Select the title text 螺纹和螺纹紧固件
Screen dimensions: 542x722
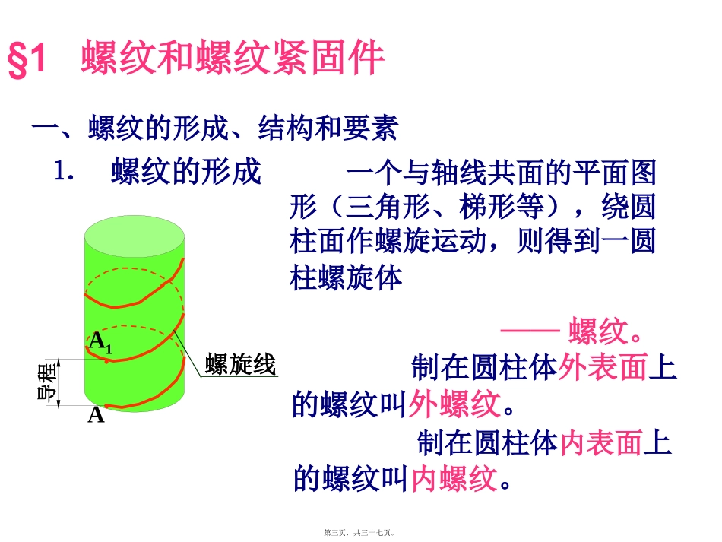[x=233, y=59]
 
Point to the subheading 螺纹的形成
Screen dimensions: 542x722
[x=186, y=173]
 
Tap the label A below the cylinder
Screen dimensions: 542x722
[x=96, y=415]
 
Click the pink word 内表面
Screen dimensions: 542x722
[x=602, y=442]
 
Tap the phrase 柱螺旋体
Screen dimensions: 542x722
[x=346, y=277]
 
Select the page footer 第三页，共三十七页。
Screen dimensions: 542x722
[x=361, y=534]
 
